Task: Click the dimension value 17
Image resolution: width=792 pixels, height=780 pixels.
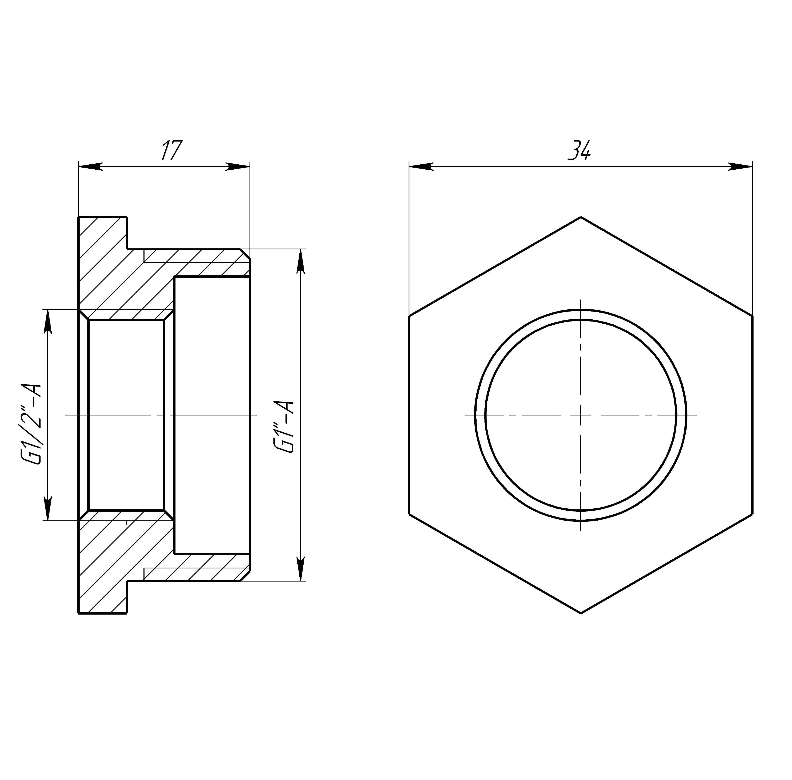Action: tap(171, 150)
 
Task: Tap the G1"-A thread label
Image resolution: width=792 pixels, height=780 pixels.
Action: tap(285, 427)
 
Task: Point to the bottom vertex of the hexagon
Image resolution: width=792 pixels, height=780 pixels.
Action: tap(581, 613)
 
